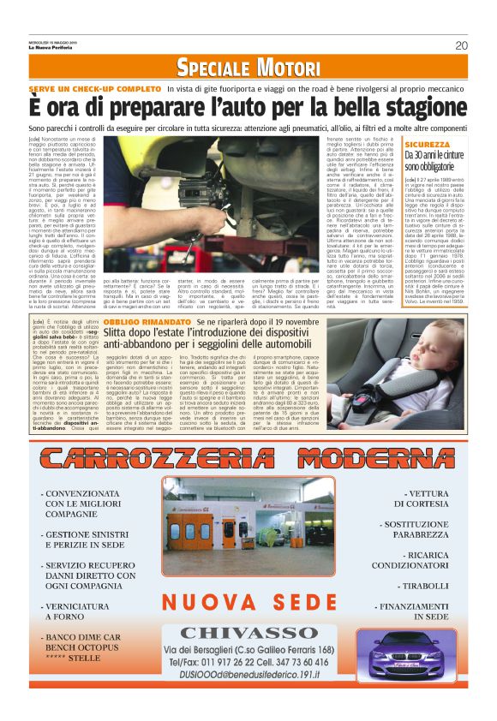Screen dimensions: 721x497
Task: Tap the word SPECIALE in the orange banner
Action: tap(211, 68)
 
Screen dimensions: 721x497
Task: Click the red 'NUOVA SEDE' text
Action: tap(249, 602)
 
